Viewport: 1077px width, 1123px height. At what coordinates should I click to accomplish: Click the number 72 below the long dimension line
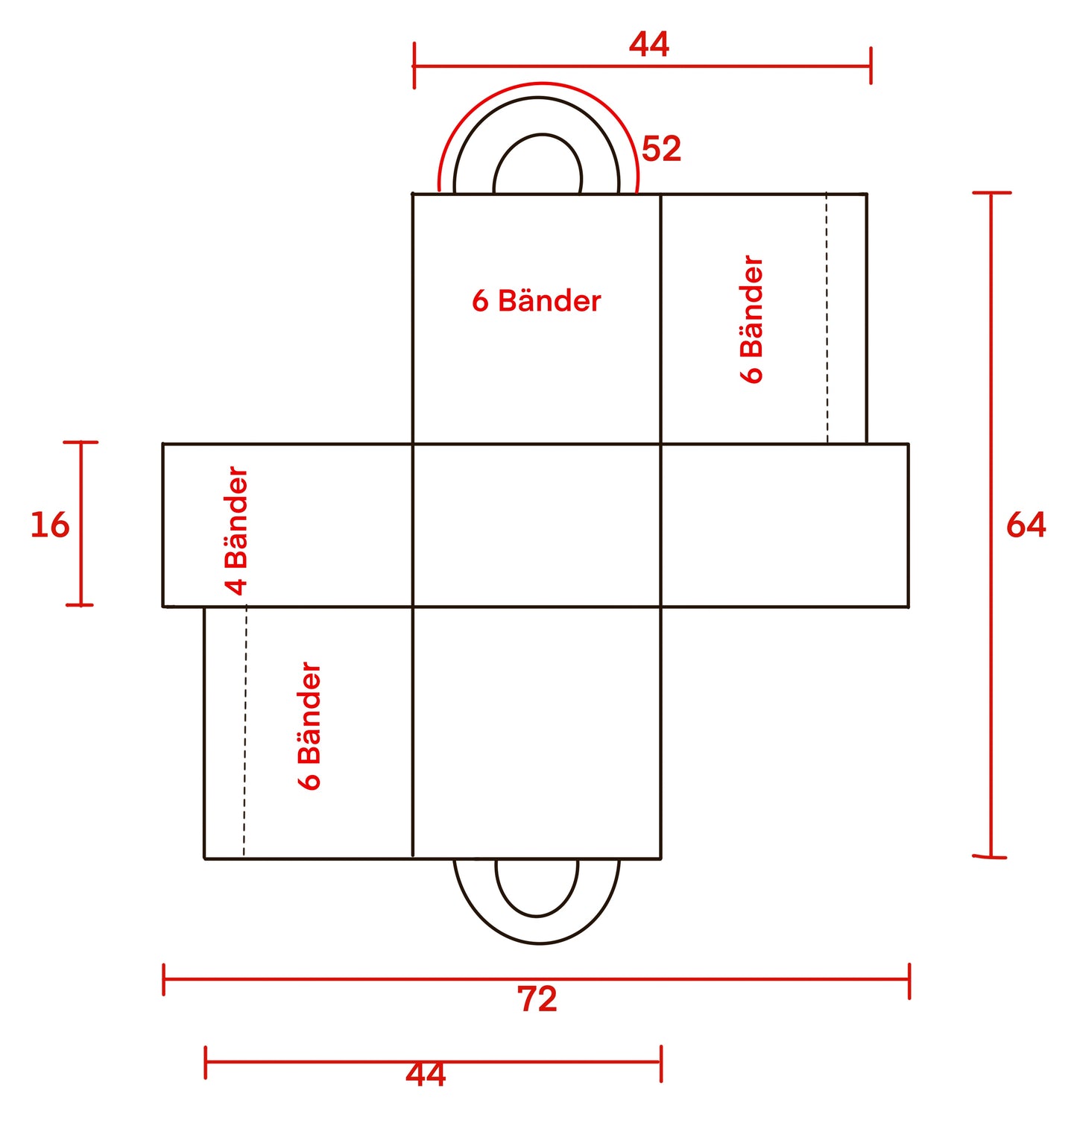pyautogui.click(x=537, y=999)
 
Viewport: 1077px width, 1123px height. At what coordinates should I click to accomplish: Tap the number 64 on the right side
pyautogui.click(x=1026, y=525)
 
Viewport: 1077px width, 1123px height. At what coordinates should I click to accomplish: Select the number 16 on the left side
pyautogui.click(x=49, y=525)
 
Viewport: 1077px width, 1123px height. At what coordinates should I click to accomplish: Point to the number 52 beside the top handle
pyautogui.click(x=661, y=149)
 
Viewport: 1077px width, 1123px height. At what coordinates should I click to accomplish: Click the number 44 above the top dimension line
pyautogui.click(x=648, y=44)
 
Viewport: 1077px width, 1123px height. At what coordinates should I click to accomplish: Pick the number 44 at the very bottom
pyautogui.click(x=426, y=1075)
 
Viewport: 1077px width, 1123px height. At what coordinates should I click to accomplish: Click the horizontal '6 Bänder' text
pyautogui.click(x=537, y=300)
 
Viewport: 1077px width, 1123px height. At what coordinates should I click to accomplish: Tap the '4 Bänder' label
pyautogui.click(x=236, y=531)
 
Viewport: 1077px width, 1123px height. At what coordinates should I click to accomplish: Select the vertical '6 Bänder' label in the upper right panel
pyautogui.click(x=752, y=319)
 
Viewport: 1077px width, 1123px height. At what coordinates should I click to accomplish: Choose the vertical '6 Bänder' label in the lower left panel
pyautogui.click(x=309, y=726)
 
